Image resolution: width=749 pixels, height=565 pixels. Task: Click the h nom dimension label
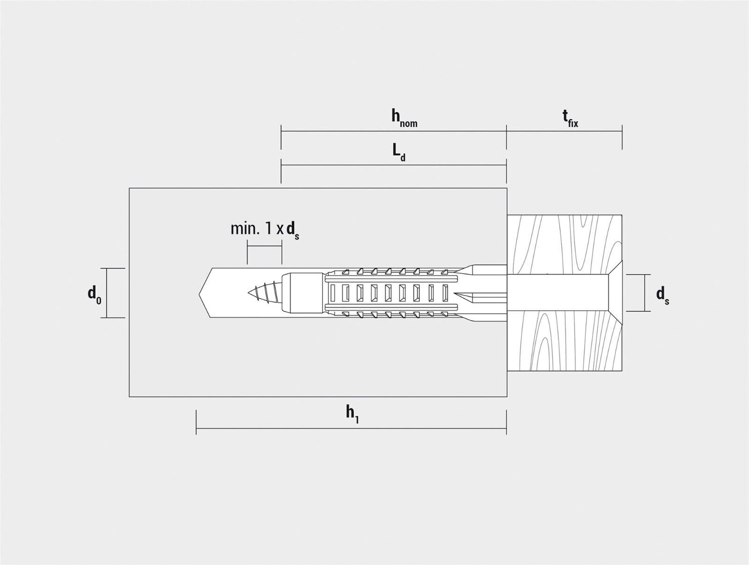pos(404,119)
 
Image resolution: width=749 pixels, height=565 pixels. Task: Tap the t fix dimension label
pos(570,119)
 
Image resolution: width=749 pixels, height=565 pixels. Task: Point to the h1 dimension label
pos(352,415)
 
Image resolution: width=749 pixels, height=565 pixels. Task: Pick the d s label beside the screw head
pos(662,294)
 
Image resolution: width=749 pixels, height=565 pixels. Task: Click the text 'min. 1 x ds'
pos(265,230)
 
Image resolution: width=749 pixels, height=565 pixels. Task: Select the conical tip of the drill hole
pos(204,293)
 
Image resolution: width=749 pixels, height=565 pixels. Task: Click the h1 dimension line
pos(351,429)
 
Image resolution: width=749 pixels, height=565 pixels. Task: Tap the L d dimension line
pos(393,165)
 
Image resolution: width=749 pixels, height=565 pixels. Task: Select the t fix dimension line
pos(564,131)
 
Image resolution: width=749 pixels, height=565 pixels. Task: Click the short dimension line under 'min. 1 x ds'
pos(265,246)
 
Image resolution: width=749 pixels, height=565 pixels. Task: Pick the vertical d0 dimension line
pos(107,293)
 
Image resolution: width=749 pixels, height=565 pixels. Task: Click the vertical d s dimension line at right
pos(645,292)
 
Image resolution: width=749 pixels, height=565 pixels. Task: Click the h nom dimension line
pos(393,131)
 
